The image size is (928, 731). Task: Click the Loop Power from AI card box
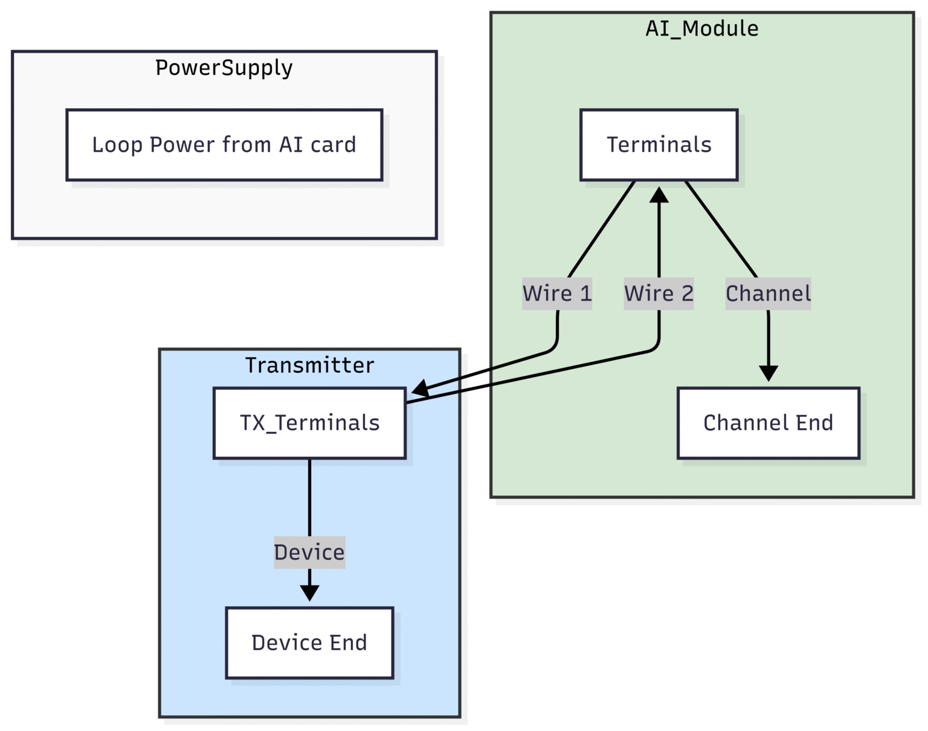[224, 145]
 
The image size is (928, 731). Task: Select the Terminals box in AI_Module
[659, 145]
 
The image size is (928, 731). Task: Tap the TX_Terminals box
[309, 423]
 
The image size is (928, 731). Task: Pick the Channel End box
[768, 423]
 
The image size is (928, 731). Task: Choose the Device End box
[309, 643]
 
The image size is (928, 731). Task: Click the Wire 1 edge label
[557, 294]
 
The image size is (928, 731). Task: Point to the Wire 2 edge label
[659, 294]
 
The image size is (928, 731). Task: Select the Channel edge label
[768, 294]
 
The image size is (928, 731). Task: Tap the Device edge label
[309, 552]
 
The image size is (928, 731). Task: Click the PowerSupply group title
[224, 68]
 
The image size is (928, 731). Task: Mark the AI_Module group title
[702, 28]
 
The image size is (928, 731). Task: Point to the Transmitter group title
[309, 365]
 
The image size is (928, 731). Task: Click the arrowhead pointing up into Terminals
[659, 195]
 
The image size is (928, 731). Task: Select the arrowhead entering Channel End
[768, 373]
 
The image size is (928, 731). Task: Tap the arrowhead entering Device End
[309, 593]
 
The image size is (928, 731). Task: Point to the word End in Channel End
[814, 423]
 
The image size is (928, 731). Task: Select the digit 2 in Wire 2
[688, 294]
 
